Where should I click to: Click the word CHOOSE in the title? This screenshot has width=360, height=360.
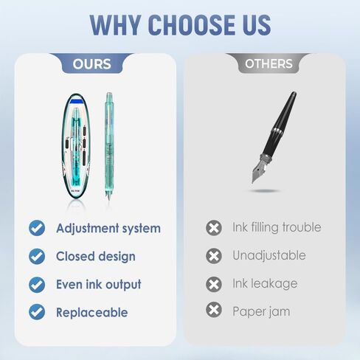191,25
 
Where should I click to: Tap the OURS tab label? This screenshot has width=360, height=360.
91,64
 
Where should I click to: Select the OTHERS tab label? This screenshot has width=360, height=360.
269,63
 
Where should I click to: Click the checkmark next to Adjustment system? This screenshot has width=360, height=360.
37,228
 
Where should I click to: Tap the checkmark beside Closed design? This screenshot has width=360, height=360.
37,256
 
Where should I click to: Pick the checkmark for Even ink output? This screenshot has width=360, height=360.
37,285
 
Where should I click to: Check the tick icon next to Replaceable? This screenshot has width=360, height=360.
37,312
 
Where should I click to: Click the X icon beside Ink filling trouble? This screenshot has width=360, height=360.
214,228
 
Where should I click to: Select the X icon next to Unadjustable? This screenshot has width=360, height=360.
214,256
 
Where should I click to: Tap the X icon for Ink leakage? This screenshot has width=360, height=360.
214,284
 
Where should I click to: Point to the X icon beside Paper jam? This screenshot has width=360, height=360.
214,310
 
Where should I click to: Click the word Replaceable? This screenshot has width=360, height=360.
92,313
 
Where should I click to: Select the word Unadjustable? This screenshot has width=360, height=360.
269,255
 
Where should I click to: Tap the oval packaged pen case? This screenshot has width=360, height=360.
76,146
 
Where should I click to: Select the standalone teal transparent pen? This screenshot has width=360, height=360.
109,146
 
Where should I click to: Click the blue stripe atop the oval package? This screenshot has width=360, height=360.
77,101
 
